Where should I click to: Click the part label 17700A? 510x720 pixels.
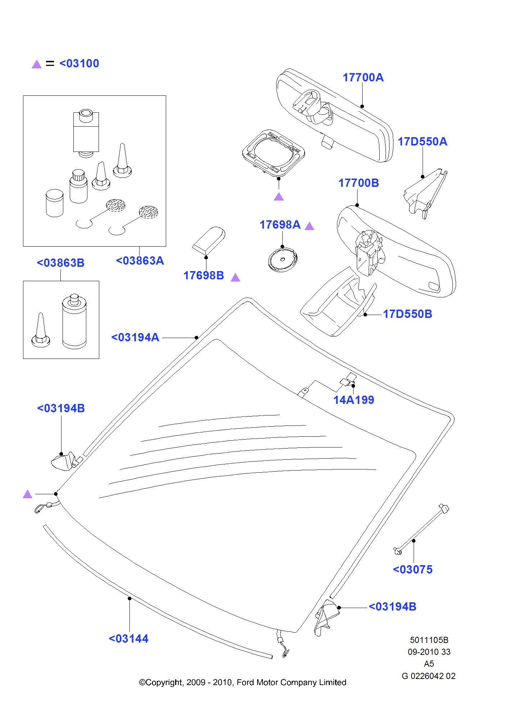coord(363,77)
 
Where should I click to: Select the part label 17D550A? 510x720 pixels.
coord(422,141)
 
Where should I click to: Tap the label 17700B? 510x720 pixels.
coord(359,183)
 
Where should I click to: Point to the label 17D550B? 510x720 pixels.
coord(407,314)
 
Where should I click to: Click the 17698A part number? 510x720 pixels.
coord(280,225)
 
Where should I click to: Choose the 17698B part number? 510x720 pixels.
coord(204,275)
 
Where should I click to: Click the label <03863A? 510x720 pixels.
coord(140,261)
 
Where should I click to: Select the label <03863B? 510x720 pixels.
coord(60,263)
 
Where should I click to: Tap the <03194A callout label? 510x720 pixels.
coord(135,337)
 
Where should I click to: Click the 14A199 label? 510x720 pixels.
coord(354,400)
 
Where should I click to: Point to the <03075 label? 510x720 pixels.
coord(413,570)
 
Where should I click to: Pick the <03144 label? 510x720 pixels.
coord(128,639)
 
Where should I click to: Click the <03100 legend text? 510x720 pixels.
coord(79,63)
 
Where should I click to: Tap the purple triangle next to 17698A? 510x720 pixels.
coord(309,226)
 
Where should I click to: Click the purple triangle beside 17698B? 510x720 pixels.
coord(235,277)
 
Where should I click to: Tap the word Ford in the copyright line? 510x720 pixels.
coord(245,683)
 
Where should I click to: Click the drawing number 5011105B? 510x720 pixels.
coord(429,640)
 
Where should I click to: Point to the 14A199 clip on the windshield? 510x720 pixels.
coord(348,380)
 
